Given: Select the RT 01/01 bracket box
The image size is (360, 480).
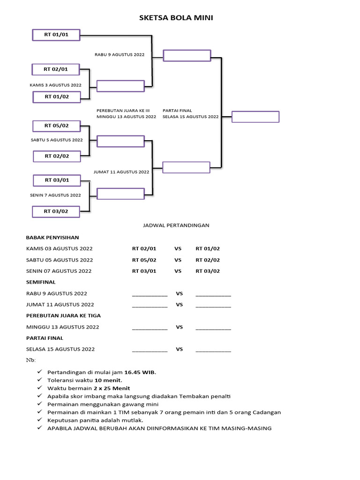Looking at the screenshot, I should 56,35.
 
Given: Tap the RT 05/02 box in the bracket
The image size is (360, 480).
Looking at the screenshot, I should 56,126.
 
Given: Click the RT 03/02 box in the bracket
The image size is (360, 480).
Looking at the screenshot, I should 56,211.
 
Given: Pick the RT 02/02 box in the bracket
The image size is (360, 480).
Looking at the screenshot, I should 56,156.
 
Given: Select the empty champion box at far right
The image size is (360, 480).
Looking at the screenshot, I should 255,117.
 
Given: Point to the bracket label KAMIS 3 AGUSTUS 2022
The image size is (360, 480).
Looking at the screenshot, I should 55,85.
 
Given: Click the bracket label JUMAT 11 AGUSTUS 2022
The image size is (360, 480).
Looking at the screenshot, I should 121,172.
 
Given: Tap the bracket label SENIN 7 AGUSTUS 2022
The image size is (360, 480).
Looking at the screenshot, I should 56,195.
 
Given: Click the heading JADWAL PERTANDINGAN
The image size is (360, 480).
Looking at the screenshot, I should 176,225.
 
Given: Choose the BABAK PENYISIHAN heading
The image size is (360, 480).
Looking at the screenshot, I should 52,238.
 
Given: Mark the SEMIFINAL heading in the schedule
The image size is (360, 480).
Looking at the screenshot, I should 41,282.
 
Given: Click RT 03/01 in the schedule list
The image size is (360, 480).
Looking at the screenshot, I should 144,271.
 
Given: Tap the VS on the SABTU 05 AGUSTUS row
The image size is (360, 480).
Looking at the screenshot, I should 178,260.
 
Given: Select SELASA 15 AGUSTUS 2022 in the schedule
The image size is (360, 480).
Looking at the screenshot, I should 60,349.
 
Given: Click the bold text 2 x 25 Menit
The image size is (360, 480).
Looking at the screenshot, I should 111,388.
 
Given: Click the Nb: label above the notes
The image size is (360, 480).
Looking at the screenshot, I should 30,360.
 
